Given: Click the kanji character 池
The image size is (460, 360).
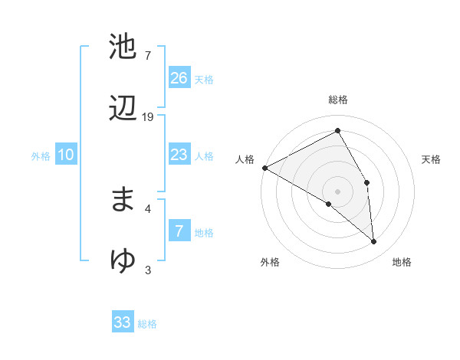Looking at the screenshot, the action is click(123, 47).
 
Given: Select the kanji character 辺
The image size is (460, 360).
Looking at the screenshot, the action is click(123, 109).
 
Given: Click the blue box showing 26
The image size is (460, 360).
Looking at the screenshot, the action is click(179, 78).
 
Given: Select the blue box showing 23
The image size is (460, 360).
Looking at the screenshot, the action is click(179, 155).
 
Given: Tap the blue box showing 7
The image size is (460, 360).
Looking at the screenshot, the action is click(179, 231).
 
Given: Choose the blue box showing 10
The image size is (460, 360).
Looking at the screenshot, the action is click(66, 155).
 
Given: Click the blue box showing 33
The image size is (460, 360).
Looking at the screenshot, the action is click(123, 322).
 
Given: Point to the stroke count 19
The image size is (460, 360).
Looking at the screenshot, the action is click(148, 116).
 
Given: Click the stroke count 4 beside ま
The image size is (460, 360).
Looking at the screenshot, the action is click(148, 208).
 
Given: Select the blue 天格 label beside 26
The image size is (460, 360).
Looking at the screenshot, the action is click(204, 80).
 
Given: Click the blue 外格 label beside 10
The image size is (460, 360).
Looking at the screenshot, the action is click(41, 156).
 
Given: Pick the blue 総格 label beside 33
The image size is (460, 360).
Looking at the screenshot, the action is click(147, 324).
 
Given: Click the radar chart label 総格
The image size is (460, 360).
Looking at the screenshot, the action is click(338, 100).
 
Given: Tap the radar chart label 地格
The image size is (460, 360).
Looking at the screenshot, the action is click(402, 262).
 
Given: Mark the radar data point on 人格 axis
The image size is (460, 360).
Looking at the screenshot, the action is click(264, 168).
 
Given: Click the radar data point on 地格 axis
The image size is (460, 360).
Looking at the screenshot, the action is click(374, 242).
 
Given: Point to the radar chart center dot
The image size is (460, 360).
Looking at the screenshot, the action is click(338, 191).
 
